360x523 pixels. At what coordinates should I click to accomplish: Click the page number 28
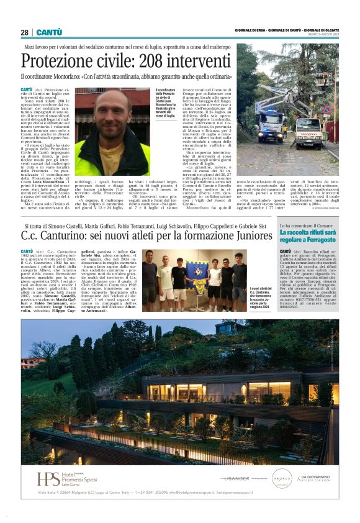pos(24,32)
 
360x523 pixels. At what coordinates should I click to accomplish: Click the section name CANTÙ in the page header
pos(48,32)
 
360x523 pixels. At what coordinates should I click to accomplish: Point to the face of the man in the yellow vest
pos(114,111)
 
